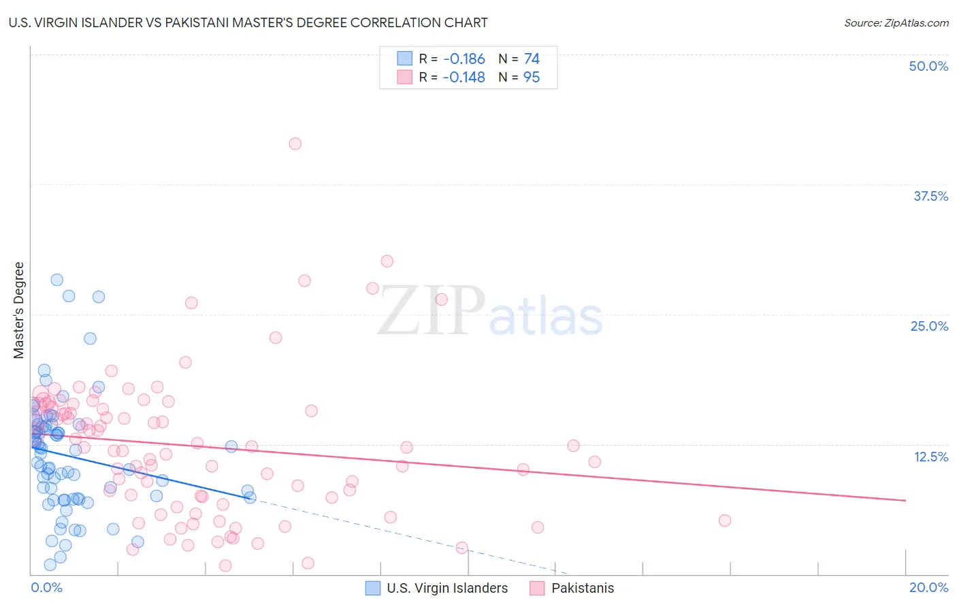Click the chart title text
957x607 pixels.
pyautogui.click(x=248, y=22)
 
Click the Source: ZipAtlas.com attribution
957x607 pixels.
pyautogui.click(x=896, y=22)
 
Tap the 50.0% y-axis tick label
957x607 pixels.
pyautogui.click(x=928, y=66)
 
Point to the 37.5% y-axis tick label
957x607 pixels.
pyautogui.click(x=930, y=196)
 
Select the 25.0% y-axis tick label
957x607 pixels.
pyautogui.click(x=929, y=326)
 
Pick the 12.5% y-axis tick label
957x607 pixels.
pyautogui.click(x=930, y=457)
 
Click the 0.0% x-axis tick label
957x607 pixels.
pyautogui.click(x=46, y=587)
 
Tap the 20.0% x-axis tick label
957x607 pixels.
pyautogui.click(x=928, y=587)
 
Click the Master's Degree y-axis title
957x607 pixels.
pyautogui.click(x=19, y=310)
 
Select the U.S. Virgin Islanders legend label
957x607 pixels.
pyautogui.click(x=447, y=588)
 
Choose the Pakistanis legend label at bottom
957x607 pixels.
pyautogui.click(x=583, y=588)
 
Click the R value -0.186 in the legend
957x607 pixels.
pyautogui.click(x=464, y=59)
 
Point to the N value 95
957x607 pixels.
pyautogui.click(x=532, y=78)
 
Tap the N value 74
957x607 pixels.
pyautogui.click(x=532, y=59)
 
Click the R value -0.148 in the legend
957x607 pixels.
pyautogui.click(x=464, y=78)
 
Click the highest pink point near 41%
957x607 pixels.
pyautogui.click(x=295, y=144)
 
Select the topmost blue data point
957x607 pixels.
pyautogui.click(x=57, y=280)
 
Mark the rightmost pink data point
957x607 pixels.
pyautogui.click(x=725, y=521)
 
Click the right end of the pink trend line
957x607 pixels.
pyautogui.click(x=905, y=500)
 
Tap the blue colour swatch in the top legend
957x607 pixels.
pyautogui.click(x=404, y=59)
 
